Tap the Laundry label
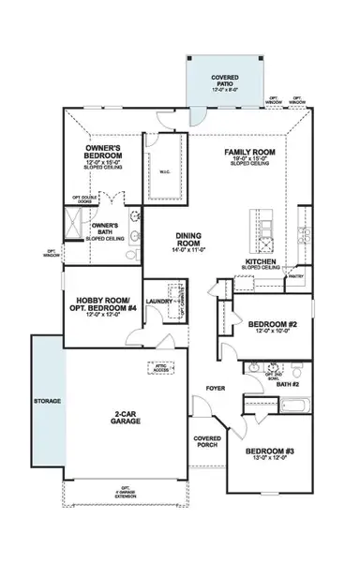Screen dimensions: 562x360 tap(157, 302)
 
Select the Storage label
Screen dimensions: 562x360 tap(47, 401)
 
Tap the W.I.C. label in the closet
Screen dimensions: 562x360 tap(168, 170)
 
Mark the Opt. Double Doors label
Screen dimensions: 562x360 tap(84, 200)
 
